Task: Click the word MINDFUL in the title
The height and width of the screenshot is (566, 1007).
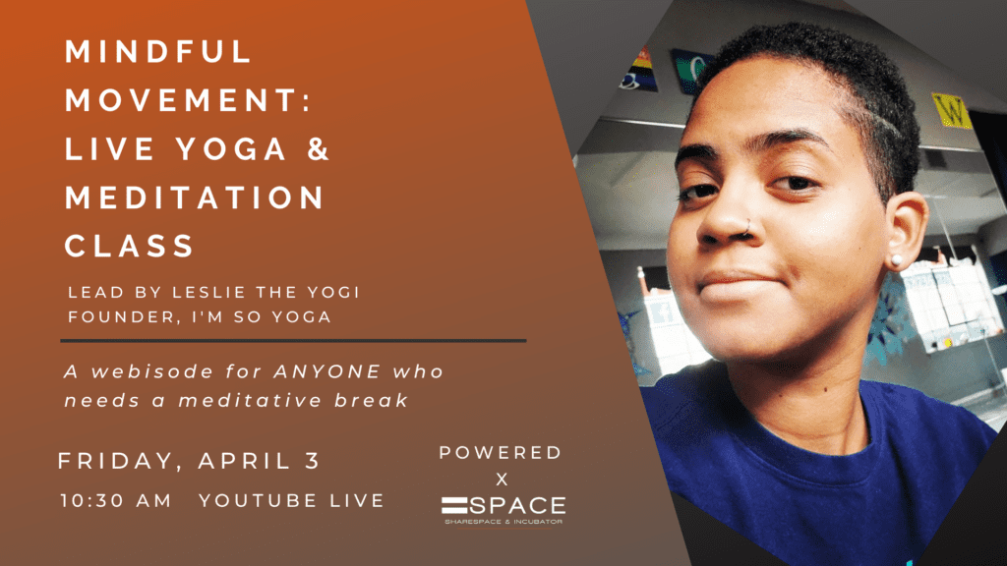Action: [158, 52]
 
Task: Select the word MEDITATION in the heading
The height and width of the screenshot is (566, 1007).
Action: [195, 197]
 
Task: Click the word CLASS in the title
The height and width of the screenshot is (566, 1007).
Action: [129, 246]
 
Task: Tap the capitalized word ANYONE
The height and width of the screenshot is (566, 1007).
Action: [327, 371]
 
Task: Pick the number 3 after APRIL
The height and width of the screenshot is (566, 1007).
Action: [313, 460]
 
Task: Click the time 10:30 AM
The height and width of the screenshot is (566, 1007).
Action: [116, 500]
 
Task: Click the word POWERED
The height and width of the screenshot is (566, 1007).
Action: [501, 452]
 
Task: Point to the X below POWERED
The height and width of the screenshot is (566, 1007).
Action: [502, 480]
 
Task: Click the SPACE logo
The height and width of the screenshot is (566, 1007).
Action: [503, 510]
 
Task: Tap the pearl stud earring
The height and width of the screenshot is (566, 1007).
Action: [895, 260]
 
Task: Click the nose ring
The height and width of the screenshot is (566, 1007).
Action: [747, 227]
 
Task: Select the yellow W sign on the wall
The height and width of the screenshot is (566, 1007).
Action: [952, 110]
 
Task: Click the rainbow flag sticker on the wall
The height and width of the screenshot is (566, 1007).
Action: [639, 68]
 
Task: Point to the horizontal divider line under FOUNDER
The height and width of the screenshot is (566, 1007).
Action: [293, 341]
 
